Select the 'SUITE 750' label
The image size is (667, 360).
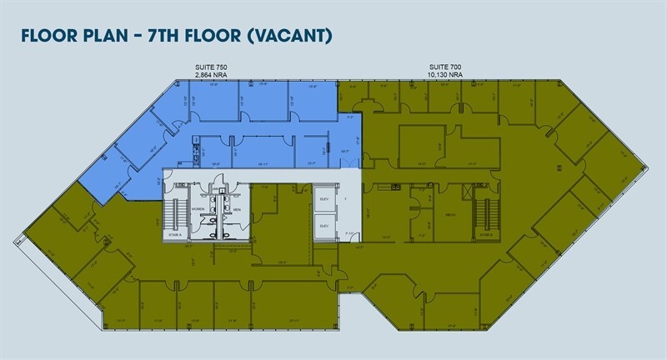(x=210, y=67)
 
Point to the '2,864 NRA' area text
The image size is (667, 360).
(x=210, y=74)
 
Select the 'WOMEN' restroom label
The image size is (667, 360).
(x=198, y=208)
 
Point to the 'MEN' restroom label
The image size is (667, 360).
(x=236, y=208)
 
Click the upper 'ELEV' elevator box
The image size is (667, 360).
(x=323, y=201)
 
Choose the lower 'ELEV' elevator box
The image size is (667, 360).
(x=323, y=226)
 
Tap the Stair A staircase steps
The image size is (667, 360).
(x=175, y=212)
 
